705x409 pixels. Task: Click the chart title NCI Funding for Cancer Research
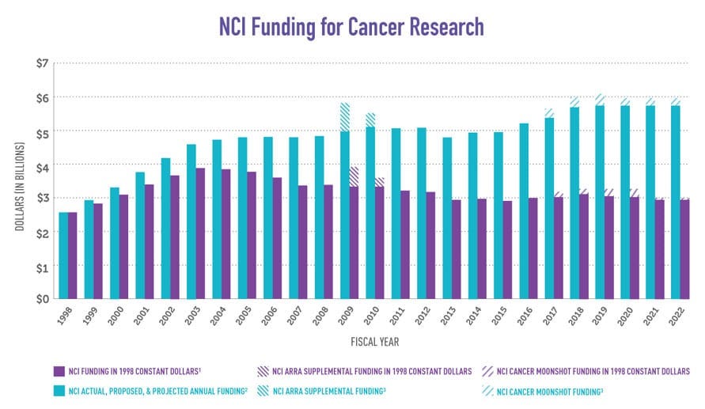coord(352,26)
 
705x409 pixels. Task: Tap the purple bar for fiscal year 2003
coord(200,233)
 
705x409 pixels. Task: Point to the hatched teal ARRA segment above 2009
coord(344,117)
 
